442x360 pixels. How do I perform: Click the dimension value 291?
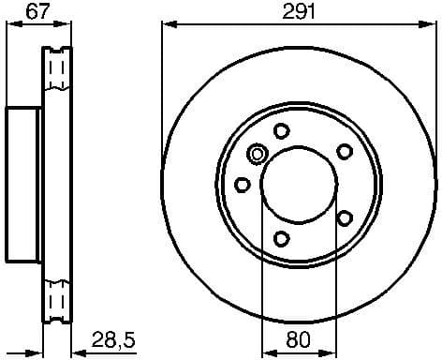[x=299, y=11]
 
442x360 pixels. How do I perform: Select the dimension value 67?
[x=37, y=11]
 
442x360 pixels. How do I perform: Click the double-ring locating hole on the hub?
[x=258, y=154]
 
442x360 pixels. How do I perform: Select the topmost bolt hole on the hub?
[x=282, y=132]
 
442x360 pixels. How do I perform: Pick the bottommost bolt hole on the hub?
[x=282, y=239]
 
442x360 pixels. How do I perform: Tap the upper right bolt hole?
[x=345, y=152]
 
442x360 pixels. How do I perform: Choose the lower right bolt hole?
[x=345, y=218]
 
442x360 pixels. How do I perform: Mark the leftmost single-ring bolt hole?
[x=243, y=184]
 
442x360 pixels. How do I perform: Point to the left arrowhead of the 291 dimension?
[x=169, y=25]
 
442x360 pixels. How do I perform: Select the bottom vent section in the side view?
[x=58, y=300]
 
